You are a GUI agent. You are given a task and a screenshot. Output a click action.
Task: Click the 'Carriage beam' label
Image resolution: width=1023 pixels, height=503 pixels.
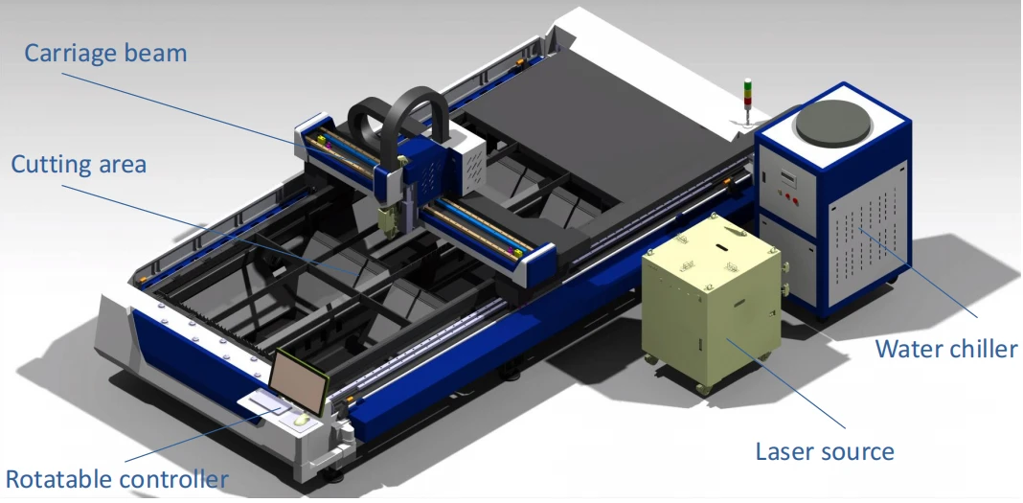[105, 53]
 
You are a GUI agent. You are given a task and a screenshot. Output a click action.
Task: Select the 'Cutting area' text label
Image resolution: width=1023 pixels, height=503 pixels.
[79, 164]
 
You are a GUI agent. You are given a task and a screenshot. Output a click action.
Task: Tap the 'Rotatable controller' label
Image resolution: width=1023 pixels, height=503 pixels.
[117, 479]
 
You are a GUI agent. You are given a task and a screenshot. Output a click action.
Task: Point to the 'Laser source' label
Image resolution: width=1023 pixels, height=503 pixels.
[825, 451]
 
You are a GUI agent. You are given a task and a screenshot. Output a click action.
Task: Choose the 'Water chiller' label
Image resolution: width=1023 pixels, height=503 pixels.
[946, 349]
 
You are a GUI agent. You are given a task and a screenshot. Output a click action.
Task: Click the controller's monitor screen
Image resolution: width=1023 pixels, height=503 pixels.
[299, 381]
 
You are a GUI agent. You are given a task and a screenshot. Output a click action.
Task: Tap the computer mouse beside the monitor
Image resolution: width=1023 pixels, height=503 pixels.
[301, 421]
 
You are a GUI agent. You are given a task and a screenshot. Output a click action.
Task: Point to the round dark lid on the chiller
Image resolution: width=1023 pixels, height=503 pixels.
[833, 123]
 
